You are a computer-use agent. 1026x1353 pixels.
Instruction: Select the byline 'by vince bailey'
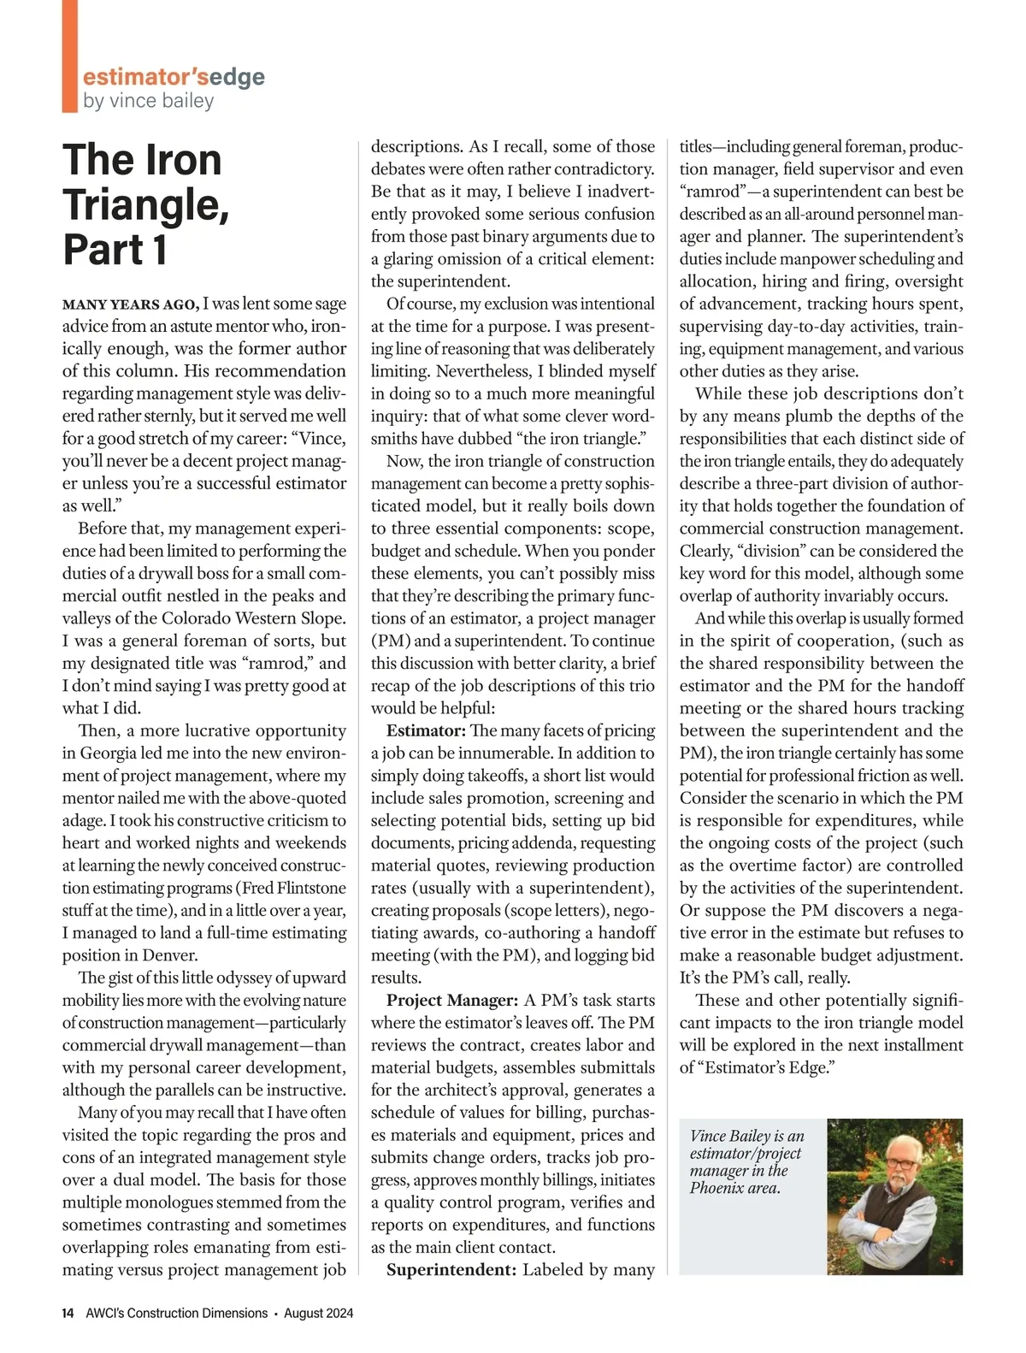[148, 101]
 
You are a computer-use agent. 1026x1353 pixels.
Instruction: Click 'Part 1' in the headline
[115, 250]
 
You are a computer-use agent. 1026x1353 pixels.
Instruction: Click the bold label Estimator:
[426, 730]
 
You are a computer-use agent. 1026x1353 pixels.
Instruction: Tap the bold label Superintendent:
[451, 1269]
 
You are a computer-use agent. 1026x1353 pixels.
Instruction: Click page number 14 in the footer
[68, 1313]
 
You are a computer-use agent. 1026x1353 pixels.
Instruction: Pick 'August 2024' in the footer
[318, 1313]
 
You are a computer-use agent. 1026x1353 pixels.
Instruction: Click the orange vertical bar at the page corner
[69, 56]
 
